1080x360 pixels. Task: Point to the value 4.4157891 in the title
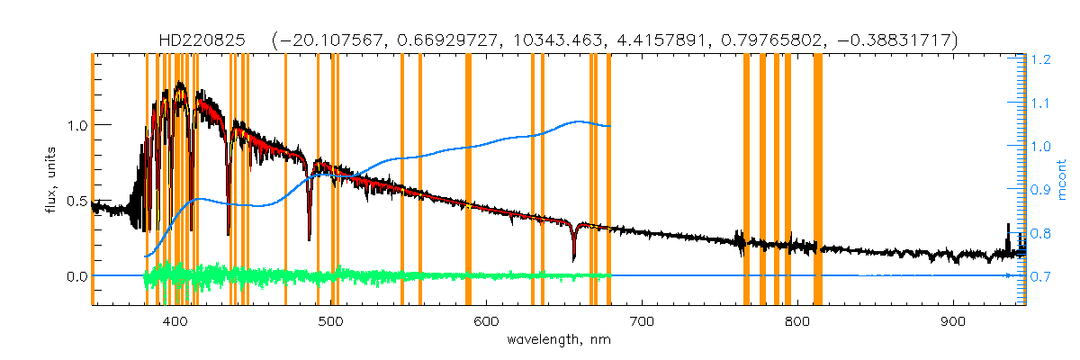click(654, 40)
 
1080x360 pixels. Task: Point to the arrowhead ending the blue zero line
click(1007, 275)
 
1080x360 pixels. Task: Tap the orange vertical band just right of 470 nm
click(285, 180)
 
